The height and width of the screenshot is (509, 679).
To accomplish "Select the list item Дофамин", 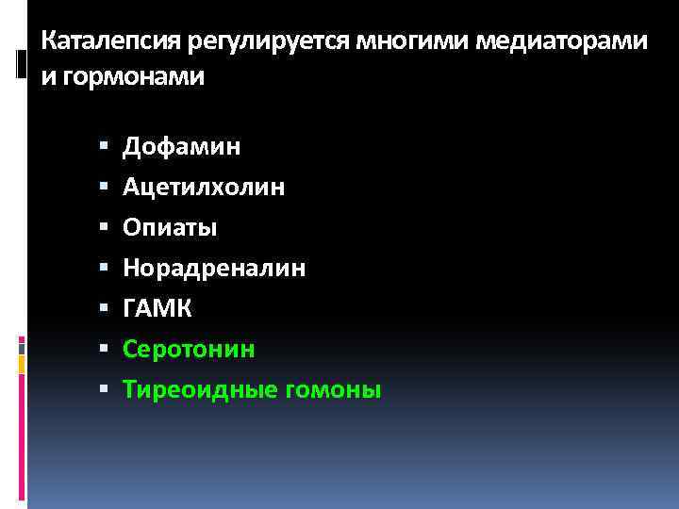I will click(182, 147).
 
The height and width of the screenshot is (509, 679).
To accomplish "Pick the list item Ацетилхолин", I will click(204, 188).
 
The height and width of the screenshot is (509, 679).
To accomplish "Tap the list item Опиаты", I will click(171, 228).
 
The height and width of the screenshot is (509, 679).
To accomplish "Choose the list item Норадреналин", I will click(214, 269).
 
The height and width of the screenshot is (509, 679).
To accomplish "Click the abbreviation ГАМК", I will click(158, 309).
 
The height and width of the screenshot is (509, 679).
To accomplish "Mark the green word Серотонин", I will click(189, 350).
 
